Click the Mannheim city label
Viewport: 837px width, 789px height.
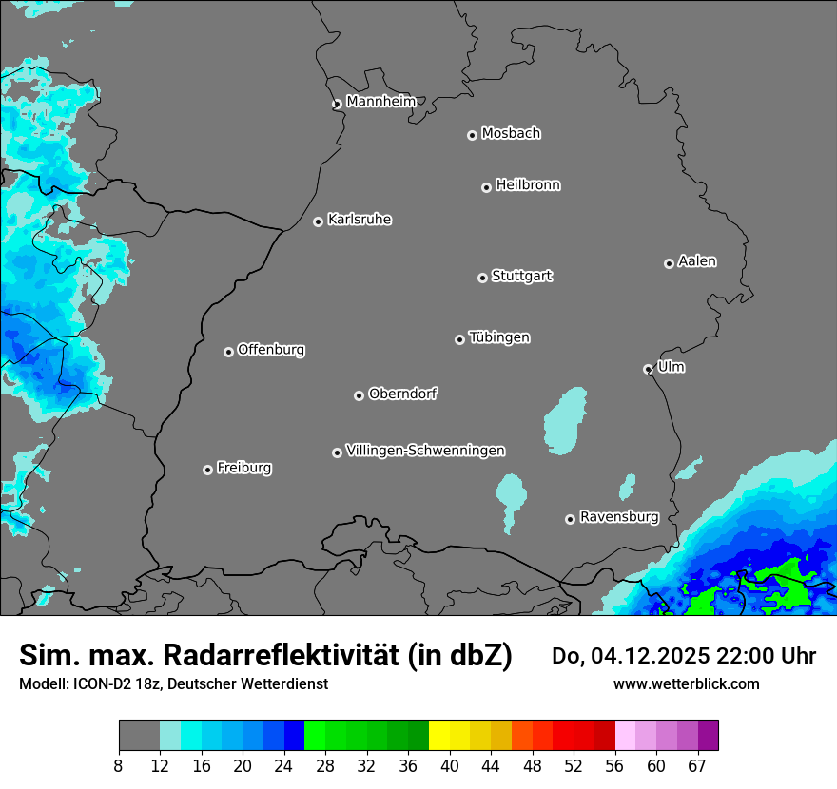coord(380,101)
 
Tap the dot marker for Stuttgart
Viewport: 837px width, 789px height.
coord(482,278)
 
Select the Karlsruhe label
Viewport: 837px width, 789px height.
coord(360,220)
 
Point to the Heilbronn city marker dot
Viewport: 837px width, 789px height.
coord(486,187)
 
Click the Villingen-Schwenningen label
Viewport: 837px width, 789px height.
coord(425,451)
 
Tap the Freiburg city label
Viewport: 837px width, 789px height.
coord(243,468)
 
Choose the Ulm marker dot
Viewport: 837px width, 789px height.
coord(648,369)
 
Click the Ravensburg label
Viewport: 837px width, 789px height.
coord(618,517)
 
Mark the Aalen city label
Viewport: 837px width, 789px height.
coord(697,261)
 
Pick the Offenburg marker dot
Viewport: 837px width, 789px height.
coord(228,352)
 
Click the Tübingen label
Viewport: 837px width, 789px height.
coord(499,337)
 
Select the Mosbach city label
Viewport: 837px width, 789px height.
coord(511,134)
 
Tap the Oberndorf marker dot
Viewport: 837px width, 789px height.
coord(359,395)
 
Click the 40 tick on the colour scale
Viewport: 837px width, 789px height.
coord(450,765)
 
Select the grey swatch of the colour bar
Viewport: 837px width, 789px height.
coord(139,736)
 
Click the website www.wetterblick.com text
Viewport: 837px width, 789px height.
coord(686,683)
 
